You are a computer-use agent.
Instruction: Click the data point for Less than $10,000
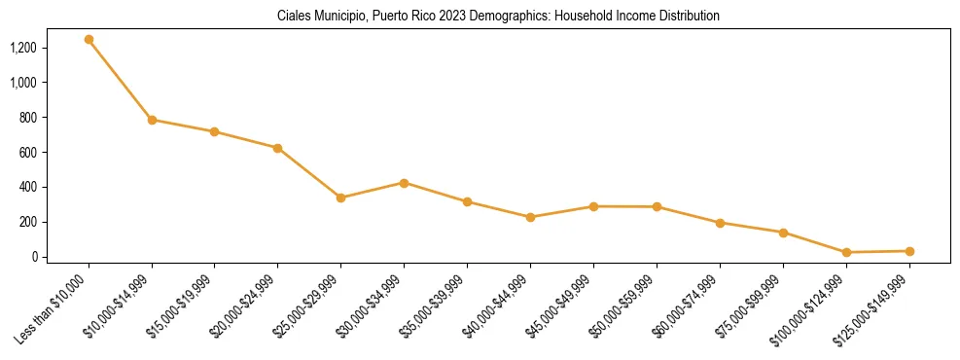[89, 40]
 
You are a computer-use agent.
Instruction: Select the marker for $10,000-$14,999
[152, 120]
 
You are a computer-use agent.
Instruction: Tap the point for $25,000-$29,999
[340, 198]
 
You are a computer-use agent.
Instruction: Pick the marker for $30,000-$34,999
[404, 183]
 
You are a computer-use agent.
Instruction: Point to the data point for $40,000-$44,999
[530, 217]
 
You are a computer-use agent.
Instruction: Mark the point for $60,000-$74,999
[720, 223]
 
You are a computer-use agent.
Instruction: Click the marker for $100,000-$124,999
[846, 252]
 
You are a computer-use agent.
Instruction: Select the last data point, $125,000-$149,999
[909, 251]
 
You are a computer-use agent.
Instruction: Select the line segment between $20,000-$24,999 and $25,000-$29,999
[309, 173]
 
